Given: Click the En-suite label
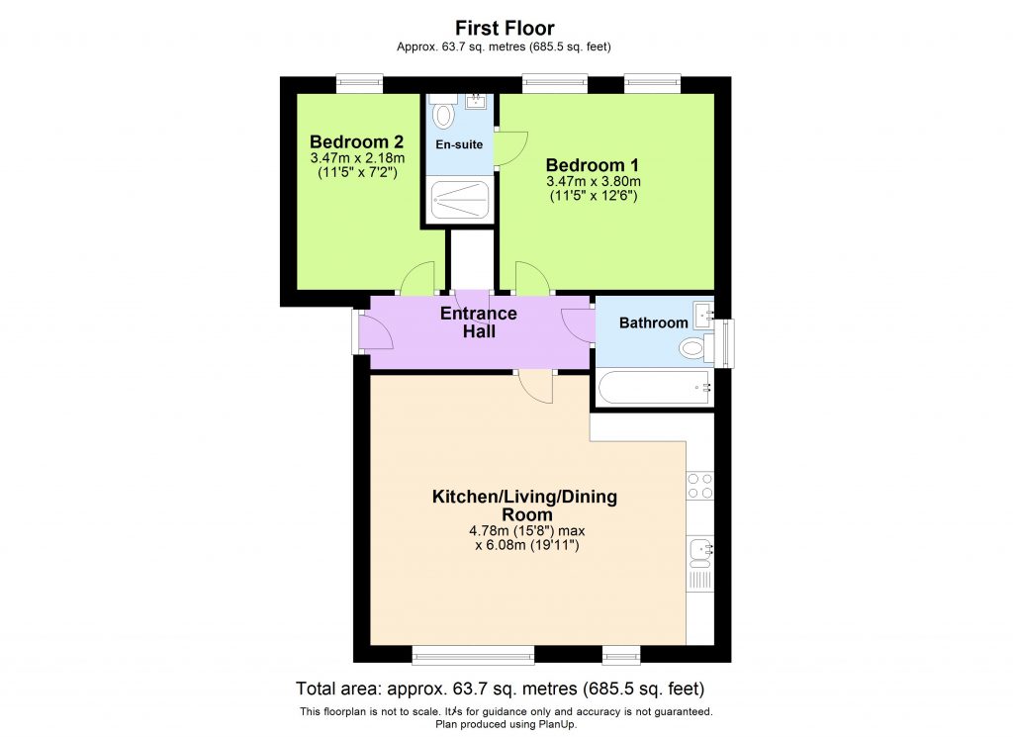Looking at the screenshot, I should click(x=459, y=144).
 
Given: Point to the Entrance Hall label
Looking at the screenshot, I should click(x=479, y=322).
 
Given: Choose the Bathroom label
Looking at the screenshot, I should click(x=653, y=322).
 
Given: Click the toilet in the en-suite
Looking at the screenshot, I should click(x=443, y=115).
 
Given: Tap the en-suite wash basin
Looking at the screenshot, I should click(x=476, y=100).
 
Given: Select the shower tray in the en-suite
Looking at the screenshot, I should click(x=459, y=199).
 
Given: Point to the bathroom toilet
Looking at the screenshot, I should click(x=694, y=347).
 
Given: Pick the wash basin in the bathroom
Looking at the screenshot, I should click(x=704, y=316).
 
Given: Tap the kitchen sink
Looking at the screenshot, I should click(x=700, y=547).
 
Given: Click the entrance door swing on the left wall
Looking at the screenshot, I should click(x=376, y=333).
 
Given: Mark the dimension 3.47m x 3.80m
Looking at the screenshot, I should click(x=593, y=181).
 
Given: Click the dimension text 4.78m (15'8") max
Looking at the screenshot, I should click(x=524, y=530).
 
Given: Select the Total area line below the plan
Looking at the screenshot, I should click(x=500, y=689).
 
